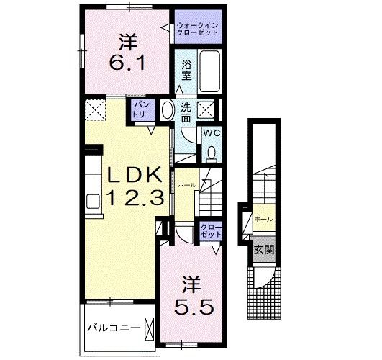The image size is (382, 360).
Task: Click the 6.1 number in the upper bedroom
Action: [x=129, y=64]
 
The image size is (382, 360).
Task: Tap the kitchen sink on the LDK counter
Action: [x=93, y=200]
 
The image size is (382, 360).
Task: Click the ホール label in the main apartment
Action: [x=187, y=185]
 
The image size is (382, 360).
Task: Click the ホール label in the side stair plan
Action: [x=263, y=218]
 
